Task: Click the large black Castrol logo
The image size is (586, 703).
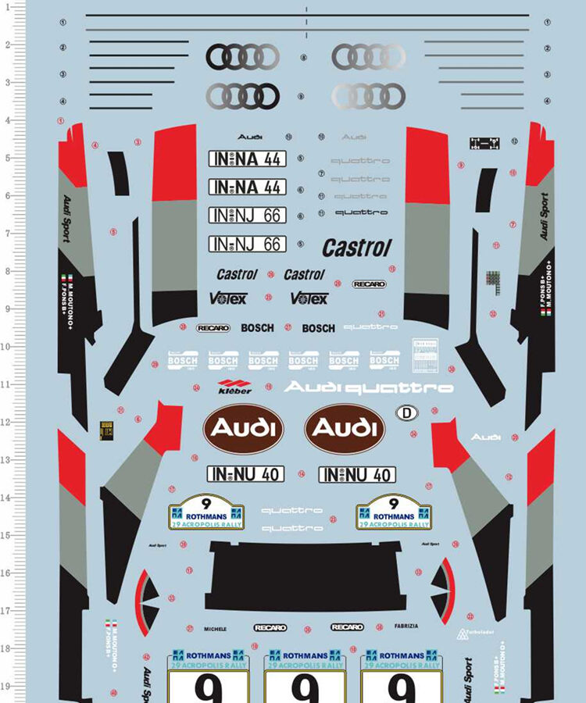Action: (356, 248)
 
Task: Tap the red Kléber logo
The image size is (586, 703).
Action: (235, 386)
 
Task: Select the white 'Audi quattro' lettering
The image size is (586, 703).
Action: (369, 387)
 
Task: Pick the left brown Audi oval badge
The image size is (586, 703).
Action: (244, 428)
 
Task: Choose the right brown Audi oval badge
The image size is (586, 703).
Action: (345, 428)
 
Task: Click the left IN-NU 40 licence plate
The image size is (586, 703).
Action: (245, 473)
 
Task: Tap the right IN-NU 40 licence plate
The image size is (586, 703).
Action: (357, 474)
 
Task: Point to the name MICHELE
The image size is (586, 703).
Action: (215, 628)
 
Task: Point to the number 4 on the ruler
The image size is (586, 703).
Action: (7, 121)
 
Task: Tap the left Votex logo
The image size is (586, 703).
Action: (227, 298)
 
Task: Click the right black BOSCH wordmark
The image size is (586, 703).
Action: (318, 328)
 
